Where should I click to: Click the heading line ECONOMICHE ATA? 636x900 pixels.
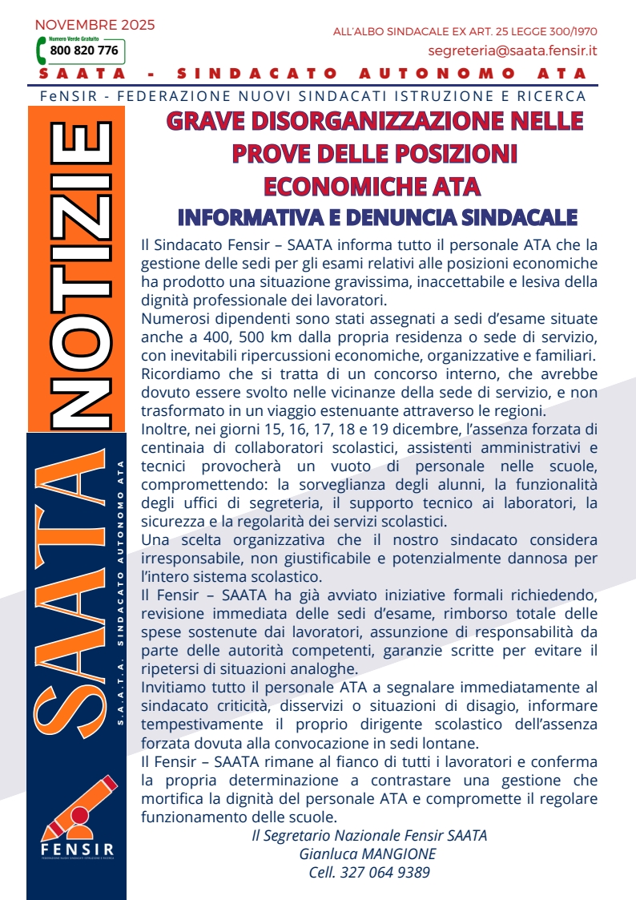click(372, 186)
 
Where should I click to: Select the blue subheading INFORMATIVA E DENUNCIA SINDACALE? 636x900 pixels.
click(377, 218)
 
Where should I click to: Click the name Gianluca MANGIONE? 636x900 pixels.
click(368, 854)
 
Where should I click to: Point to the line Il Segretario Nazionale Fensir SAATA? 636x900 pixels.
click(369, 835)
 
